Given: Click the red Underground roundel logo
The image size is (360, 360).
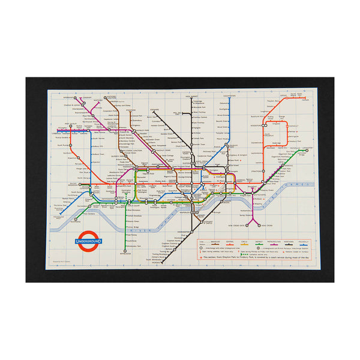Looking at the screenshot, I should coord(88,241).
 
